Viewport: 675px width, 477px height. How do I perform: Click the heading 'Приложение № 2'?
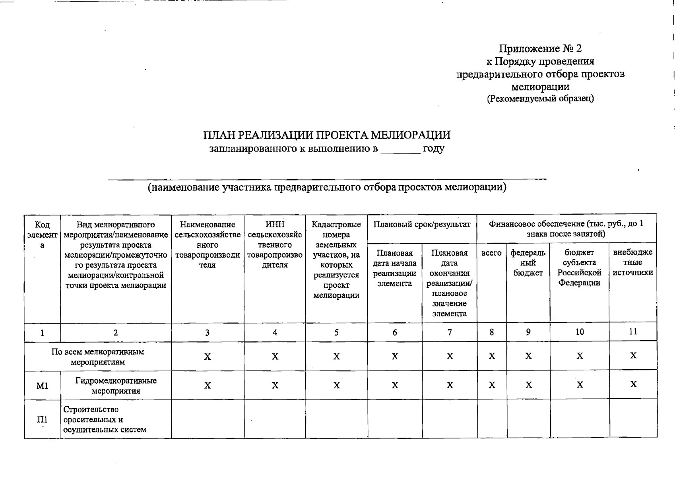pos(540,48)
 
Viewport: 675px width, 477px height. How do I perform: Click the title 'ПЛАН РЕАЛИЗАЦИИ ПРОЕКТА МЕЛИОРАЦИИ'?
pos(327,135)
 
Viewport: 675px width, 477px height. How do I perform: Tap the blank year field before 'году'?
pos(400,150)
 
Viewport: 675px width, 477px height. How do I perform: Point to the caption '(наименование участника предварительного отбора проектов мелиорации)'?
pos(327,187)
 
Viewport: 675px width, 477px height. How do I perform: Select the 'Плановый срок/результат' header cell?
pos(422,225)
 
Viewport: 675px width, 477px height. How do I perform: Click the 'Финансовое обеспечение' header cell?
pos(566,229)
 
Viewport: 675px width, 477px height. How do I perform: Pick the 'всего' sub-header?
pos(491,253)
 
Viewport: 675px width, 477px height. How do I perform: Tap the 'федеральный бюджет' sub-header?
pos(528,263)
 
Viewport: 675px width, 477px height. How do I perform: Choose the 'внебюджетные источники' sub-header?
pos(633,262)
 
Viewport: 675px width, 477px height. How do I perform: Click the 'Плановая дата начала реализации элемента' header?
pos(394,268)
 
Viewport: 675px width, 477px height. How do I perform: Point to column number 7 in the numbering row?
pos(450,332)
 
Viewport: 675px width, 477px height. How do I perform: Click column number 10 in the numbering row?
pos(580,332)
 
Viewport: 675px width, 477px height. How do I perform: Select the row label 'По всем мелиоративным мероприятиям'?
pos(98,357)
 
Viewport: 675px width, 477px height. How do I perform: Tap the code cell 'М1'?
pos(42,386)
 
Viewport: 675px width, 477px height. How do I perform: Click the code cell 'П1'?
pos(42,420)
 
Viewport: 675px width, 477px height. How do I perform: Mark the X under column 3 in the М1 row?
pos(207,386)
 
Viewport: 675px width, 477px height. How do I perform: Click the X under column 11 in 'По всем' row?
pos(633,356)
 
